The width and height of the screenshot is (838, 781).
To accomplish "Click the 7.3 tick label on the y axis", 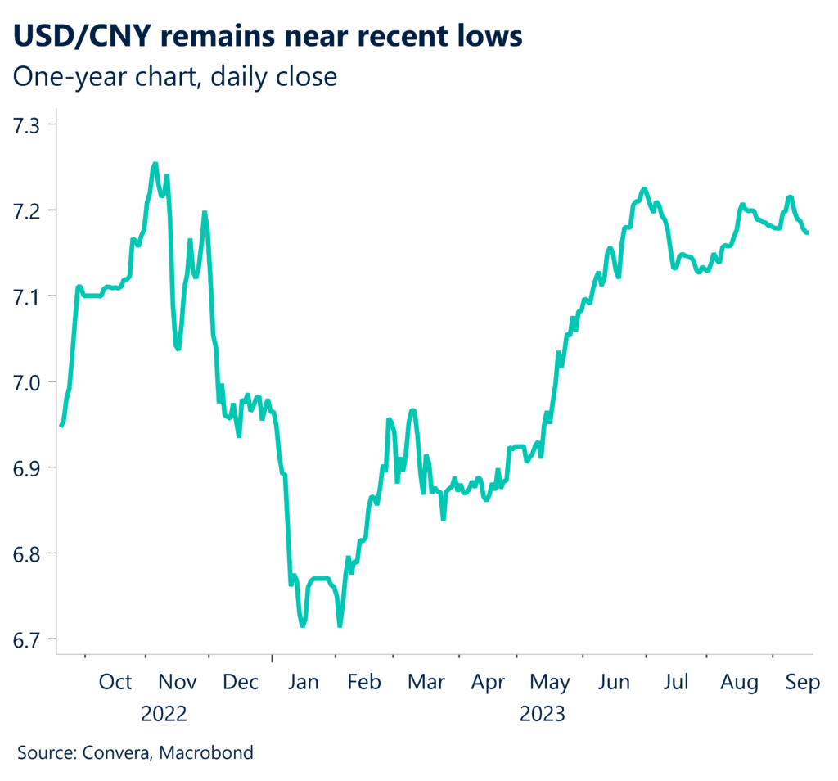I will click(x=31, y=124).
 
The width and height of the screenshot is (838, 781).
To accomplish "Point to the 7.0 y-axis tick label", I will click(x=31, y=381).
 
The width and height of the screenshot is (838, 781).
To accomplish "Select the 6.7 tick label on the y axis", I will click(x=31, y=639).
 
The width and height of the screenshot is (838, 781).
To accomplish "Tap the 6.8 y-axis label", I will click(x=31, y=553).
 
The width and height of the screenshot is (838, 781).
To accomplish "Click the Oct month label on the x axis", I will click(x=115, y=683).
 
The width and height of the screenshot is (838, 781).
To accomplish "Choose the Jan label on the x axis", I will click(x=303, y=683).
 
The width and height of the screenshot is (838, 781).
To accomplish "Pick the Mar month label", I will click(x=426, y=683).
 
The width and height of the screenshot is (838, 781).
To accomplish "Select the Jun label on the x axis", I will click(x=614, y=683).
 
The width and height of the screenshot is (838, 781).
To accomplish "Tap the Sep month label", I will click(x=803, y=683).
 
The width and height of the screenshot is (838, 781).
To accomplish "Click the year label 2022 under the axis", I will click(x=164, y=714).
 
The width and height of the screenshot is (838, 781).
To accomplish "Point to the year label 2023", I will click(x=542, y=714).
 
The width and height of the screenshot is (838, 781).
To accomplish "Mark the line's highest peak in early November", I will click(x=155, y=164).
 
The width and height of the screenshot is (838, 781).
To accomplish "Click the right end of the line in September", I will click(x=809, y=233).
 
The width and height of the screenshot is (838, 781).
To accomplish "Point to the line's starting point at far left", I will click(x=61, y=426).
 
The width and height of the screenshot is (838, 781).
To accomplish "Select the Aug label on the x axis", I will click(x=740, y=683).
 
